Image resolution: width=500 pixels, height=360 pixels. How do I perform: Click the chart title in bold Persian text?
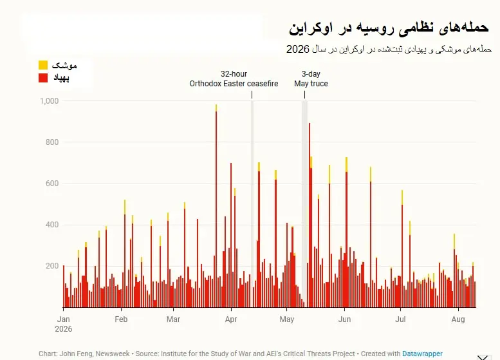389,28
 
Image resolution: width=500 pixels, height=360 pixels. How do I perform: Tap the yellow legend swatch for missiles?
43,65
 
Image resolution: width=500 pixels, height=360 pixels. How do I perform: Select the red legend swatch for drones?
43,78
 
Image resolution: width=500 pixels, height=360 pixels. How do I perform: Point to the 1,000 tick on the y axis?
49,101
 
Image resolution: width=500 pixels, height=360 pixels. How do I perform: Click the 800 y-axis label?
52,142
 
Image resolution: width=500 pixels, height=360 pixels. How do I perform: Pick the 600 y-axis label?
52,184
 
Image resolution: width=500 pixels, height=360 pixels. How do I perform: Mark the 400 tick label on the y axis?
52,225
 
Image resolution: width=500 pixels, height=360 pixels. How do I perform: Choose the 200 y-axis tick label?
52,266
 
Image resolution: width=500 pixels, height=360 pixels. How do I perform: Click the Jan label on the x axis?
64,319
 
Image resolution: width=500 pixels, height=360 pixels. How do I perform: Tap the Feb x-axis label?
121,319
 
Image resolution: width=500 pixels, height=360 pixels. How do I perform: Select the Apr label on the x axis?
231,319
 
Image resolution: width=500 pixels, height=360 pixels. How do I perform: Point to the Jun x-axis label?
344,319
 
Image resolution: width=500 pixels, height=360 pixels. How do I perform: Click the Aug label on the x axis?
458,319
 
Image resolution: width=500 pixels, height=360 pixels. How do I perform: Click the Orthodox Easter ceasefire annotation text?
234,84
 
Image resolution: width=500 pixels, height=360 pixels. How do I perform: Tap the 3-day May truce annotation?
311,79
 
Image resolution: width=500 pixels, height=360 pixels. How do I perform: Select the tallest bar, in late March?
216,206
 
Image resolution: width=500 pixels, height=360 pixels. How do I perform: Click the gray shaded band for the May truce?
304,204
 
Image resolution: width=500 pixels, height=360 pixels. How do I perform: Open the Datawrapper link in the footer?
422,354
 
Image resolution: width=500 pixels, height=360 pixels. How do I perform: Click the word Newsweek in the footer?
113,354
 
